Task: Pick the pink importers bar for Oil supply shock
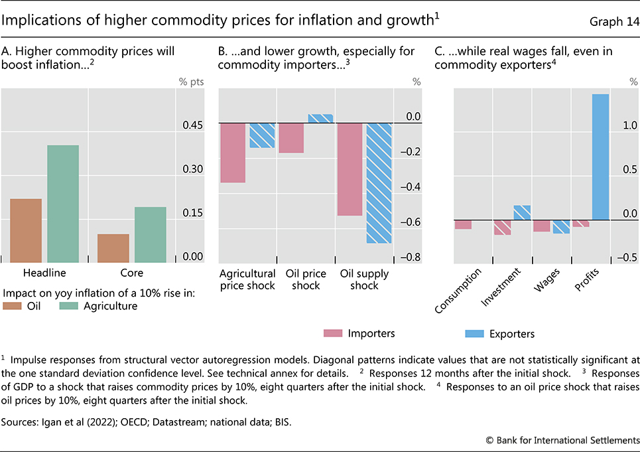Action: (350, 169)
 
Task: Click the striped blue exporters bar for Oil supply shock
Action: (379, 183)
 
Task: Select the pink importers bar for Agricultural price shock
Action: (233, 153)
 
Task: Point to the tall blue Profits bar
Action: (600, 157)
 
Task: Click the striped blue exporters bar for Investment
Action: (522, 212)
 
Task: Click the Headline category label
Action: (44, 273)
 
